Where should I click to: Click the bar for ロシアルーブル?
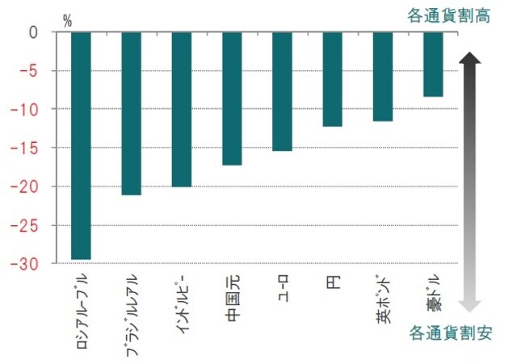tap(81, 145)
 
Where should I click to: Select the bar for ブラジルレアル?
tap(131, 114)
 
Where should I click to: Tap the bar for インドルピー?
tap(181, 110)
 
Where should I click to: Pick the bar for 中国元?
tap(232, 98)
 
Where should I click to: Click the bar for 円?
tap(332, 80)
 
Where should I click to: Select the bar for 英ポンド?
tap(382, 77)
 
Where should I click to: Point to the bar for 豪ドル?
tap(433, 65)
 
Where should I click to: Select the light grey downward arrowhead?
tap(471, 304)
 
